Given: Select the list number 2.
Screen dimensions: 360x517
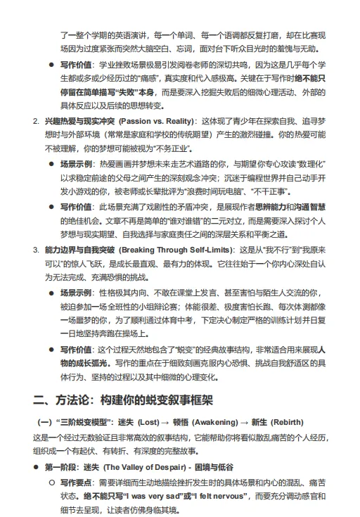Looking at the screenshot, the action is (36, 121).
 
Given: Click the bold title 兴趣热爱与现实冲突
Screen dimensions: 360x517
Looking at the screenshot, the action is (75, 121).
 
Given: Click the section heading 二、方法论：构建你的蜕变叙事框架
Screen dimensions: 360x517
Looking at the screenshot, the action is (126, 400).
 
